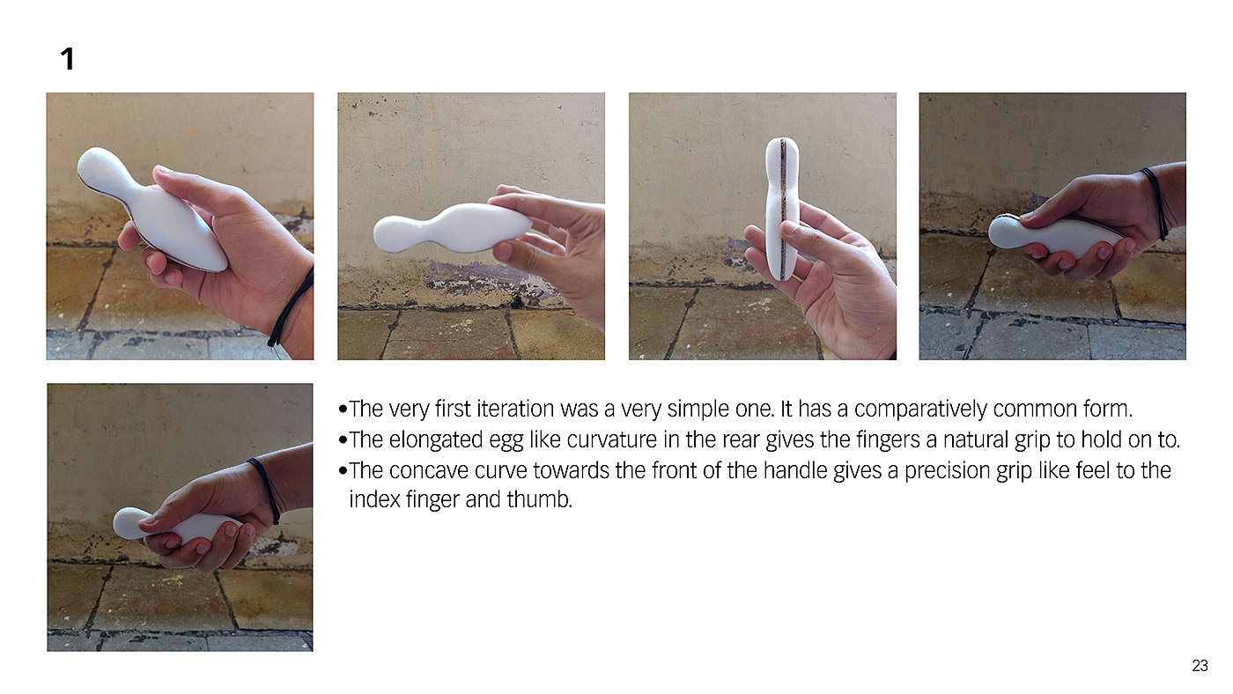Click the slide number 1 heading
67,59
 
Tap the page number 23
1200,666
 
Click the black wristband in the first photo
292,307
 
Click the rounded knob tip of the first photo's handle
95,165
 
